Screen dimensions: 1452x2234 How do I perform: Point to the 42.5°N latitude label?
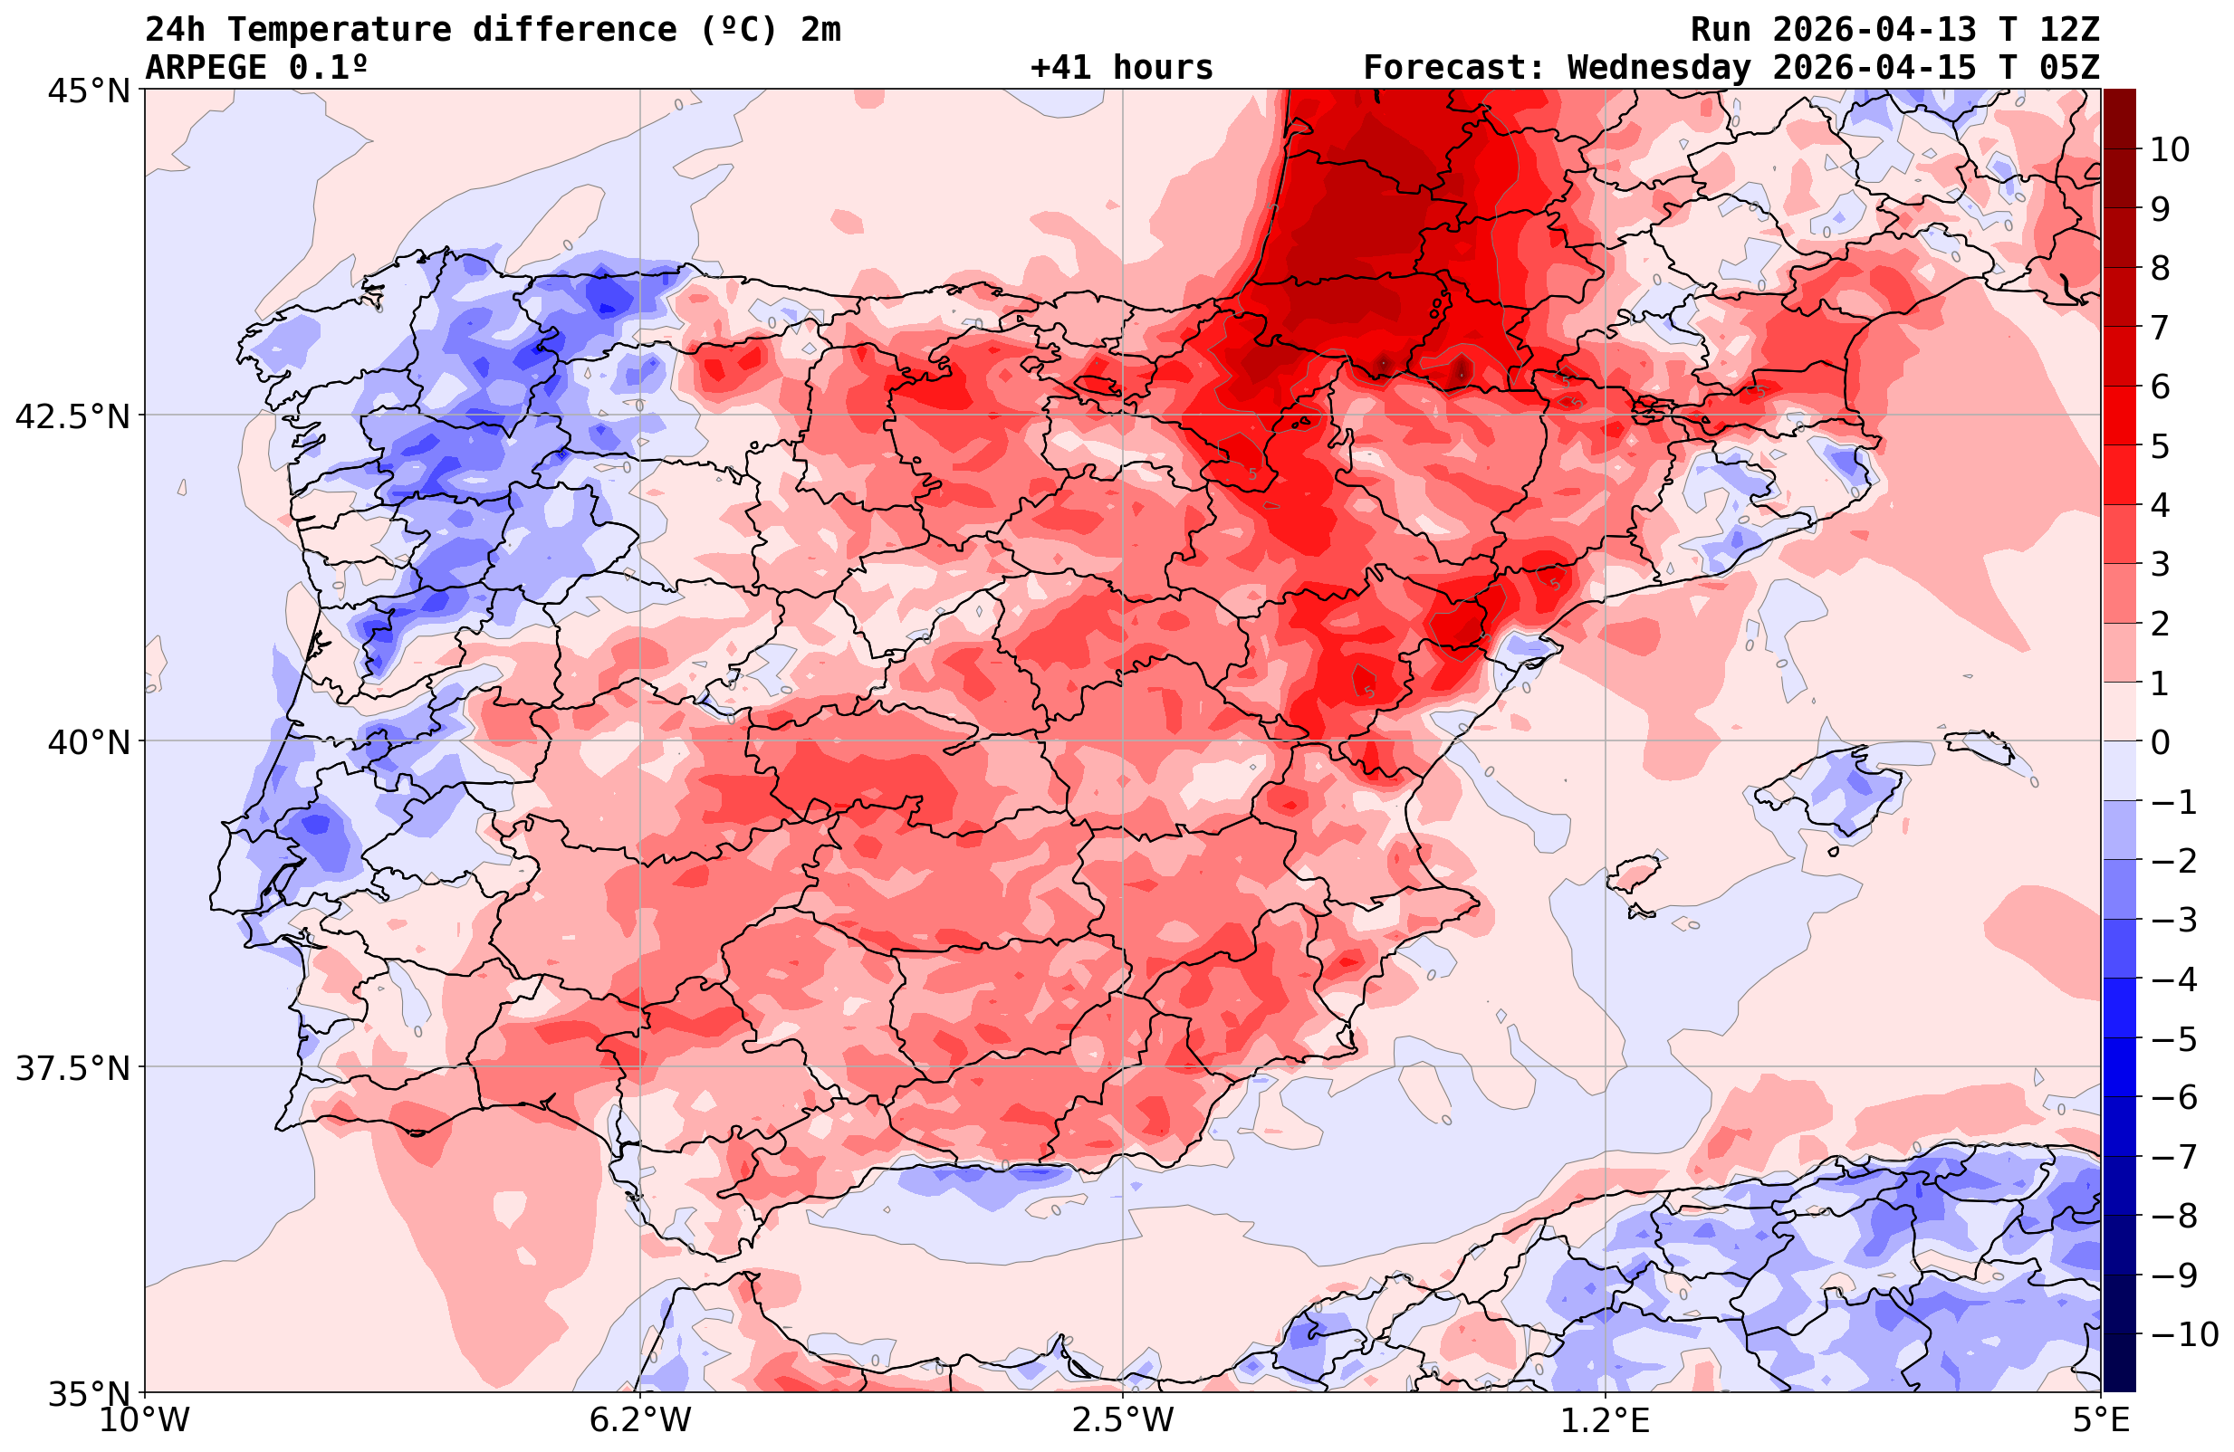pos(72,416)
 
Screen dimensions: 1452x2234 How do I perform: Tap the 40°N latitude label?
pos(88,742)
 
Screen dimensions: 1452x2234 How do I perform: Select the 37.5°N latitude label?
pos(72,1068)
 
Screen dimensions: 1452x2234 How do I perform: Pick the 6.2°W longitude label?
pos(640,1420)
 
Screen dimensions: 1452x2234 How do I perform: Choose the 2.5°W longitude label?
pos(1123,1420)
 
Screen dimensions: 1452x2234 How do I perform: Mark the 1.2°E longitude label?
pos(1606,1420)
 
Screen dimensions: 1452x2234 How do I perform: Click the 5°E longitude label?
pos(2101,1420)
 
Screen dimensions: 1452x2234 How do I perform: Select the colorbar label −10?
pos(2183,1333)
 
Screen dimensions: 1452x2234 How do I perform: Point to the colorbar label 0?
pos(2160,742)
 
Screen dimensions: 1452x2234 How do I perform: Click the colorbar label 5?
pos(2160,446)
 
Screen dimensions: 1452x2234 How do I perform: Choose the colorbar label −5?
pos(2173,1039)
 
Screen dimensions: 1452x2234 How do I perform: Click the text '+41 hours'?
pos(1122,69)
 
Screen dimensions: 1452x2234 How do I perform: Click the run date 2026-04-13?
pos(1874,30)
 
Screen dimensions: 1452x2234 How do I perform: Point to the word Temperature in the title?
pos(339,30)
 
